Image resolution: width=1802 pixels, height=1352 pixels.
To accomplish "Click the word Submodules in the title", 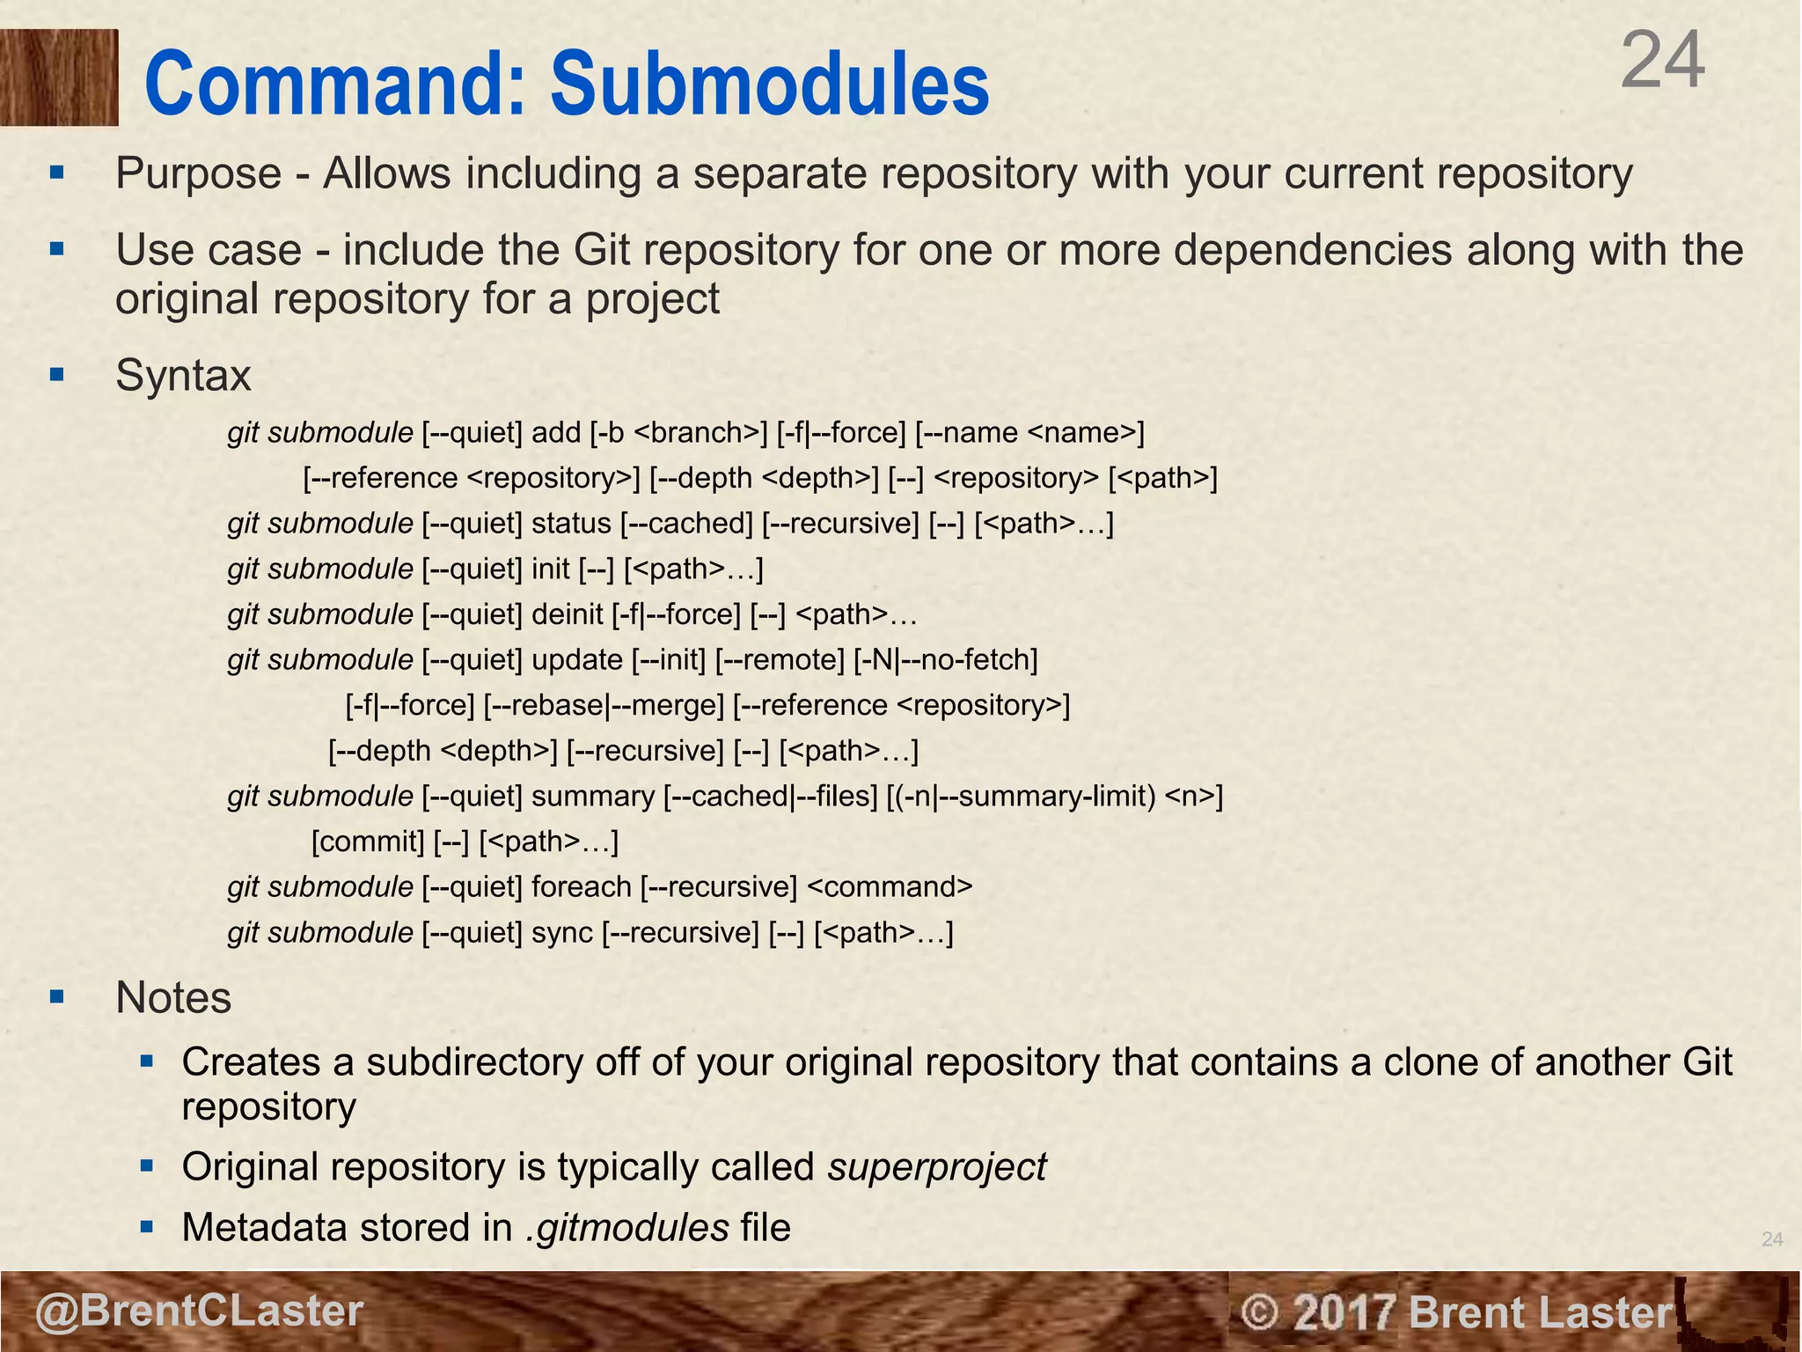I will click(770, 84).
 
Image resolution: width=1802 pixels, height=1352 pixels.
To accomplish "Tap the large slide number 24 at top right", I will click(1662, 62).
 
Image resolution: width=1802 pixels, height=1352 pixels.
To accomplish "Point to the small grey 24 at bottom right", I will click(1772, 1239).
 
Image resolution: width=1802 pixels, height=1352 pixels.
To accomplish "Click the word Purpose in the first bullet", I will click(199, 173).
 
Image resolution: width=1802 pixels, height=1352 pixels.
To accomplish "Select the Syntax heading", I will click(183, 376).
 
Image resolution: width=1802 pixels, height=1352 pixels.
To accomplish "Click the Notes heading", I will click(173, 998).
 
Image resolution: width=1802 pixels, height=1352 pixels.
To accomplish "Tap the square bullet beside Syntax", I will click(58, 376).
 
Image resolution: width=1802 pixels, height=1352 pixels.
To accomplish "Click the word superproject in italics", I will click(936, 1167).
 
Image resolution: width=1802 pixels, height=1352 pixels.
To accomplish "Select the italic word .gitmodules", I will click(627, 1228).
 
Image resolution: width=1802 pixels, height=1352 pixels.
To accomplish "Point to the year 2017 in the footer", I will click(1345, 1312).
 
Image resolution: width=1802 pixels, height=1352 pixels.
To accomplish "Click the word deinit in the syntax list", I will click(568, 614).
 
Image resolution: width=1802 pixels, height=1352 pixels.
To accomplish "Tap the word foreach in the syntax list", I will click(581, 887).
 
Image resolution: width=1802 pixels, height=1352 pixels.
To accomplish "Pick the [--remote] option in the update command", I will click(780, 660).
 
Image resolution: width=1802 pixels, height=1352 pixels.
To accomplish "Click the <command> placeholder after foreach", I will click(890, 887).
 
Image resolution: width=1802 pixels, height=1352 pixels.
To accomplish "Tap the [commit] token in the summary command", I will click(368, 842).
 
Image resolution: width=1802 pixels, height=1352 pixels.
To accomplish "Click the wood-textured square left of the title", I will click(58, 77).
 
